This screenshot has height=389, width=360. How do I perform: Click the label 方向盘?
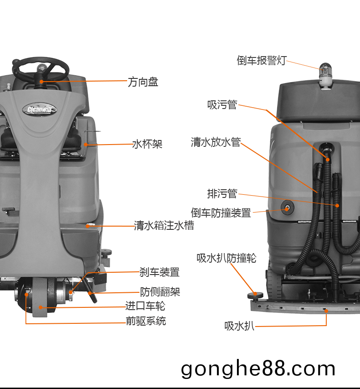click(143, 82)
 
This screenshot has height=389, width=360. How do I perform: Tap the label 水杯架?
click(147, 144)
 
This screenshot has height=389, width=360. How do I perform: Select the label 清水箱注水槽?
click(164, 225)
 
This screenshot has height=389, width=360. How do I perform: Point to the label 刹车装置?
click(159, 272)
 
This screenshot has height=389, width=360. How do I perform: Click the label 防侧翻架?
click(159, 291)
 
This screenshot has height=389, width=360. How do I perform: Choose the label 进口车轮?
click(145, 306)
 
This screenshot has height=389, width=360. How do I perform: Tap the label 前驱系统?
click(145, 321)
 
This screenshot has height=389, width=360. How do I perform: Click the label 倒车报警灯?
click(261, 60)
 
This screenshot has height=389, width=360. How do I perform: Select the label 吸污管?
click(222, 105)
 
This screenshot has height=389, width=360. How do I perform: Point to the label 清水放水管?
click(216, 142)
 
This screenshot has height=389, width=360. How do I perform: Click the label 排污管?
click(222, 194)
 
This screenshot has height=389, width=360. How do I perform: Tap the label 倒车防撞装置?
click(221, 213)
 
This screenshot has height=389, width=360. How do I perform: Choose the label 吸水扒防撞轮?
click(226, 258)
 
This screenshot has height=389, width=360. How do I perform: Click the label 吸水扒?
click(239, 326)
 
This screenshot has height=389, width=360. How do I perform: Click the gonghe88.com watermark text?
click(258, 368)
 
